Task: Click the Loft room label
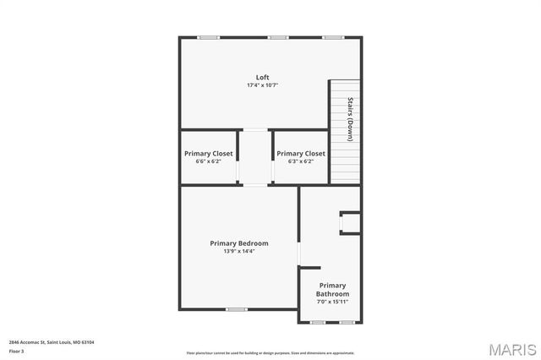263,77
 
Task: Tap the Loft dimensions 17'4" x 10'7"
263,85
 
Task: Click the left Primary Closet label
209,154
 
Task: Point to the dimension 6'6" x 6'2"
209,161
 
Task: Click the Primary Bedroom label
239,243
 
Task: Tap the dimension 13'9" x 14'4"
239,251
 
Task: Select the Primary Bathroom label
332,290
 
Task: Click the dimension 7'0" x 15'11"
332,302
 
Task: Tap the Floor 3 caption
17,351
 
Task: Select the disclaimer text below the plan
270,353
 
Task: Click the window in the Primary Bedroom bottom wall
236,309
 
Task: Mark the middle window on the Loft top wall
278,37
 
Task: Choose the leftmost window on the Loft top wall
208,37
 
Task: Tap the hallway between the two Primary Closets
254,157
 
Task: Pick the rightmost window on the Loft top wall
333,37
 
